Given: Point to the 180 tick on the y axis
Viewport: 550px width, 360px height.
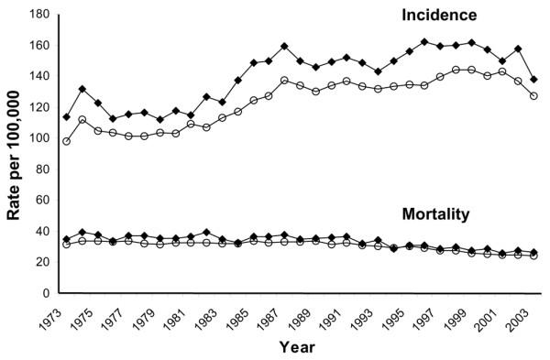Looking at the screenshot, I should (39, 16).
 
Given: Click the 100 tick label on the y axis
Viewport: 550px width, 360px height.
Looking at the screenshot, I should (39, 139).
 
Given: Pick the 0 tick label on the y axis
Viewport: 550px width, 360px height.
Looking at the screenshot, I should (47, 294).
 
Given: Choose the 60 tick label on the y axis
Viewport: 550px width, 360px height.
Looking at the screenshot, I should (43, 201).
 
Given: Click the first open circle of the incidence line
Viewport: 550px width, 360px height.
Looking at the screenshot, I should (66, 141).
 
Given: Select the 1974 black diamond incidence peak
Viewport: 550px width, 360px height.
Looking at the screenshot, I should (82, 89).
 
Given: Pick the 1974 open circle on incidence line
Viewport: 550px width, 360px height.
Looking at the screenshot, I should (82, 120).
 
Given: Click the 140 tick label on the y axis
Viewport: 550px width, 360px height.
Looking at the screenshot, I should (39, 77).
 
